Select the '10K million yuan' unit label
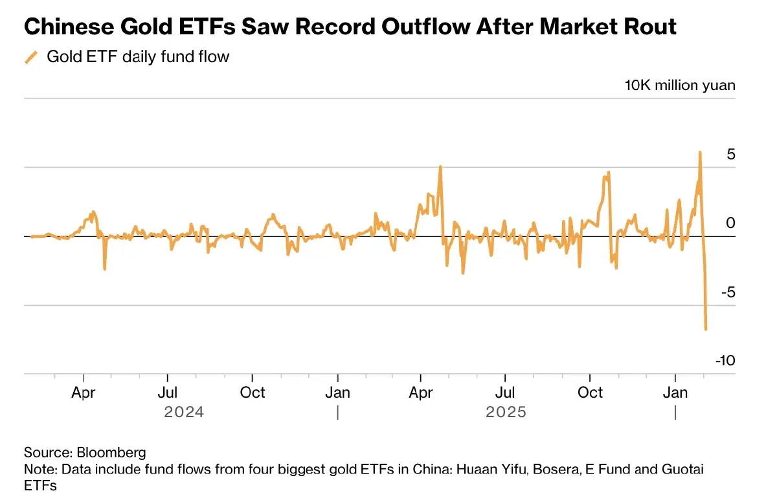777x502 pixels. pos(680,86)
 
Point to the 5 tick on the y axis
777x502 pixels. pos(730,154)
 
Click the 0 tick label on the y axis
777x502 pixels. pos(730,223)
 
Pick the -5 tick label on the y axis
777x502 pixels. pos(727,292)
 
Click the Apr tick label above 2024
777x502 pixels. pos(84,393)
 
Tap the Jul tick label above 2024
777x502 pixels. pos(168,393)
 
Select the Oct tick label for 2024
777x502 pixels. pos(253,393)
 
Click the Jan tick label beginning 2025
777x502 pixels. pos(337,393)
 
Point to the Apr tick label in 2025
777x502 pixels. pos(422,393)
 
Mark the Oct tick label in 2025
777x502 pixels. pos(590,393)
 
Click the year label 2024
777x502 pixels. pos(184,412)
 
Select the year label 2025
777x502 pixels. pos(506,412)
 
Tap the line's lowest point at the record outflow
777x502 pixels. pos(706,329)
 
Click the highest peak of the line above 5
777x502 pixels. pos(700,152)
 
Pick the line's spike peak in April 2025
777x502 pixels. pos(440,166)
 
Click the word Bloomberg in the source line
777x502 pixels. pos(111,452)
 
